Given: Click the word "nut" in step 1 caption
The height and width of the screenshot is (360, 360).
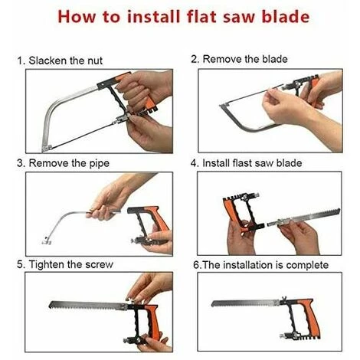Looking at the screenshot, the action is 95,61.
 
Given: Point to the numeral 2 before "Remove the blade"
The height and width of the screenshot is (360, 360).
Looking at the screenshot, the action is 195,59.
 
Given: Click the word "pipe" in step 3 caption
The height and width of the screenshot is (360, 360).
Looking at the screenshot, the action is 99,164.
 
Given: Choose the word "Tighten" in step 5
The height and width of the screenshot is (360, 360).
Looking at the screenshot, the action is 47,264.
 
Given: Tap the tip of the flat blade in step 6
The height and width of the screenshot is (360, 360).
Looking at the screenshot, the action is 212,304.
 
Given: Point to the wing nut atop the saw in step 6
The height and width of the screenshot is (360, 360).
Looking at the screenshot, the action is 284,298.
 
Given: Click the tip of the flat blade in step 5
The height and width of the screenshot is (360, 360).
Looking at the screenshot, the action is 50,304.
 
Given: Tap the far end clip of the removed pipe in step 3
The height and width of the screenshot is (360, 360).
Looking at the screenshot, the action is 46,241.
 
